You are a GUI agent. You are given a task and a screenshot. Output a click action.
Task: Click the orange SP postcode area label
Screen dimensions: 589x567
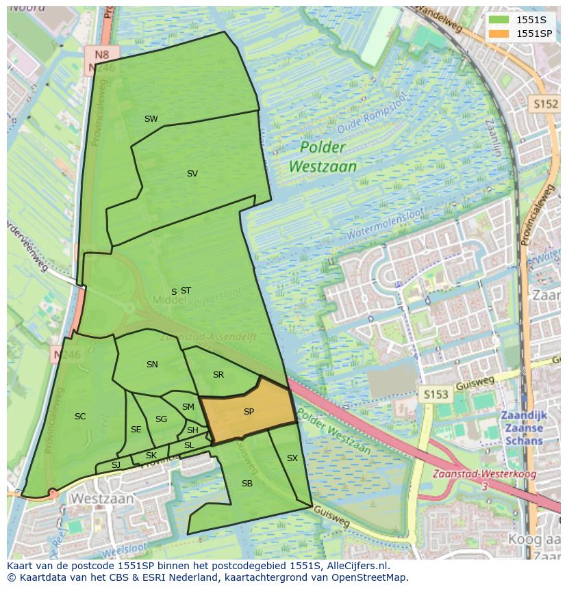(x=249, y=412)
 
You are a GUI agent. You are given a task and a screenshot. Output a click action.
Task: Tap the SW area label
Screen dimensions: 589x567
(x=151, y=119)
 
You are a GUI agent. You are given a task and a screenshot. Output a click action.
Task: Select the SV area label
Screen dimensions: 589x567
(x=192, y=174)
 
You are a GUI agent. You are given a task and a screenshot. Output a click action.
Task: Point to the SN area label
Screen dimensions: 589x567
(x=152, y=365)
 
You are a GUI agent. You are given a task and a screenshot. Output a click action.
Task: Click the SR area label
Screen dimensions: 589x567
(x=218, y=375)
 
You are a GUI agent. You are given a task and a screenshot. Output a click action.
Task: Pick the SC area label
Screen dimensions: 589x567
(x=80, y=417)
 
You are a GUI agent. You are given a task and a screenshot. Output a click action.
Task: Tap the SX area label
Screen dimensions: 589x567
(x=292, y=458)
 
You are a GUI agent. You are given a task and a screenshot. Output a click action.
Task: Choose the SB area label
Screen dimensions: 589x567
(x=247, y=484)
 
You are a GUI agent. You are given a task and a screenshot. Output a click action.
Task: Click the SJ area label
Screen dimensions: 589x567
(x=116, y=465)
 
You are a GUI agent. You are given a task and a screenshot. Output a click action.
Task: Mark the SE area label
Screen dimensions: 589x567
(x=136, y=430)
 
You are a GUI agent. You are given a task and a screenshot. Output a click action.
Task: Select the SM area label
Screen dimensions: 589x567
(x=188, y=407)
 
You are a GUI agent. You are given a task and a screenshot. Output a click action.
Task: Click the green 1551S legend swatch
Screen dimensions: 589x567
(x=499, y=20)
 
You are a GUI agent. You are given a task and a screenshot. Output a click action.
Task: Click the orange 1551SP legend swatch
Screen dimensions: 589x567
(x=499, y=34)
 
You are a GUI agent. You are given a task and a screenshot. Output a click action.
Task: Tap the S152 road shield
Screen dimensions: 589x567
(x=545, y=103)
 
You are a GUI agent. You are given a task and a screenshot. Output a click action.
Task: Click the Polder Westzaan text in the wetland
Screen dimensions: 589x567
(x=323, y=157)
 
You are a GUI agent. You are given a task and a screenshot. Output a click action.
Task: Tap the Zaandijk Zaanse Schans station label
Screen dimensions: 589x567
(x=522, y=428)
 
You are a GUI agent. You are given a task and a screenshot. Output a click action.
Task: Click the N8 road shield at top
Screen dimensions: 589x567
(x=102, y=54)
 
